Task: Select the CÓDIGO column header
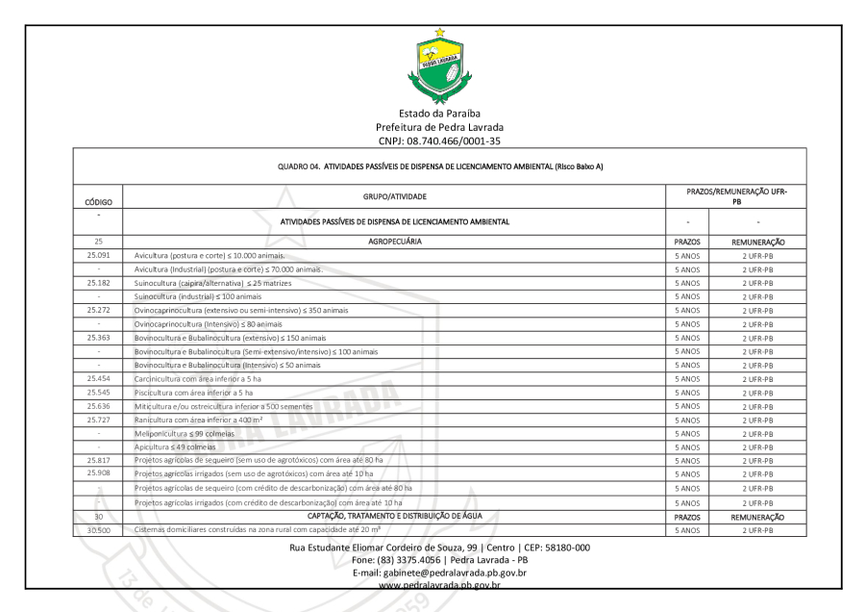(x=100, y=204)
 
